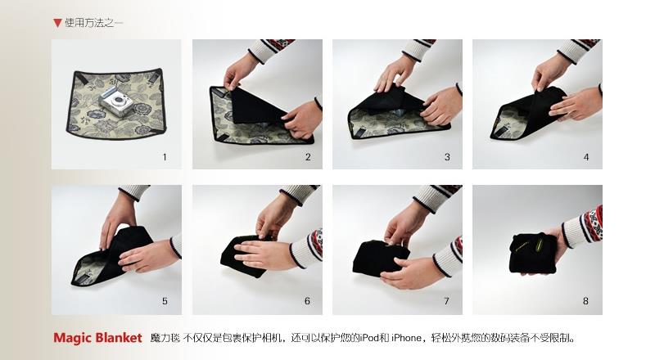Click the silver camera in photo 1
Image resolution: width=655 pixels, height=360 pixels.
coord(115,101)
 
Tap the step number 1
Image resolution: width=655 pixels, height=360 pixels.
coord(165,157)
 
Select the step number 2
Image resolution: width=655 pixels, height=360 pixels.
coord(308,157)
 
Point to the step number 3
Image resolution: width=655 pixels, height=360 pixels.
coord(447,157)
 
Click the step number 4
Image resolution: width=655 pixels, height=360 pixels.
coord(586,157)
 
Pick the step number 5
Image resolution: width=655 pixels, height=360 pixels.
coord(165,301)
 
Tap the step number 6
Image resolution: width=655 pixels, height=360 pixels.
coord(308,301)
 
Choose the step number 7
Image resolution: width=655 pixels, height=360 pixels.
coord(446,301)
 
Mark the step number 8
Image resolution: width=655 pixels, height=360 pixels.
coord(585,301)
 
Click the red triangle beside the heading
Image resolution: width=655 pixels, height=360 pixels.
coord(57,23)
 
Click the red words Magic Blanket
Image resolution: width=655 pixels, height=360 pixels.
coord(97,337)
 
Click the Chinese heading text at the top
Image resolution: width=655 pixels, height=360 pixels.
coord(93,23)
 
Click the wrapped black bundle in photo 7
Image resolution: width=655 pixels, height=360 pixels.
coord(381,258)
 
